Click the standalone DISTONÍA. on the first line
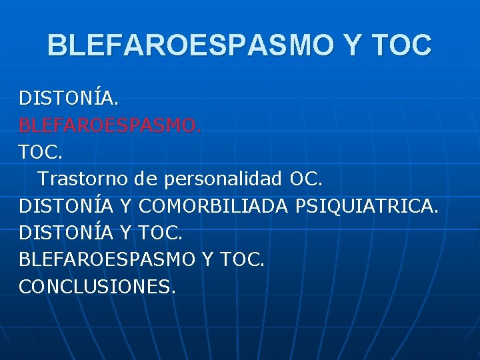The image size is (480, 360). click(x=69, y=99)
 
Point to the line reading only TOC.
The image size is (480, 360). click(x=41, y=153)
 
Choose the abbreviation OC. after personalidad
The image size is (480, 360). click(x=306, y=179)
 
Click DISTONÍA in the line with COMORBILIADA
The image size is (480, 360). click(x=66, y=206)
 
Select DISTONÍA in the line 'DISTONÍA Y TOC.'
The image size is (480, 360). click(x=66, y=233)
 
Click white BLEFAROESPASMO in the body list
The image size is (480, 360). click(x=107, y=259)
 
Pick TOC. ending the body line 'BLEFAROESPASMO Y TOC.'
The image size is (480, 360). click(x=243, y=259)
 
